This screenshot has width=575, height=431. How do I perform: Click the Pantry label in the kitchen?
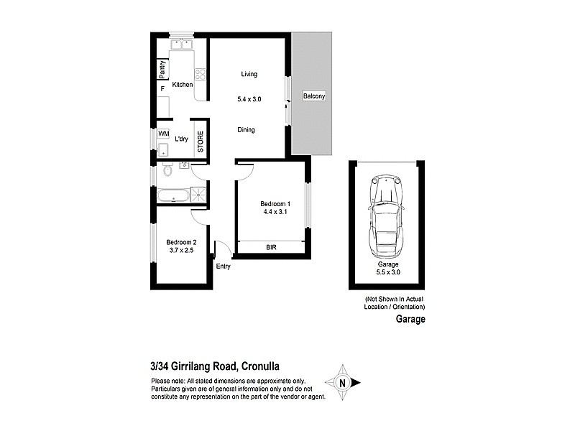pyautogui.click(x=162, y=70)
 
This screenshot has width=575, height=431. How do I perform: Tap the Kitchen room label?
pyautogui.click(x=183, y=85)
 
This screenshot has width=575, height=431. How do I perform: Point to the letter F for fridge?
pyautogui.click(x=162, y=88)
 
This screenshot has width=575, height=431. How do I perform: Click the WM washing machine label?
pyautogui.click(x=163, y=134)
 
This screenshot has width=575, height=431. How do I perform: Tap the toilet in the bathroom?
pyautogui.click(x=167, y=170)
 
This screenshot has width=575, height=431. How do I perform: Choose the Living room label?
pyautogui.click(x=249, y=74)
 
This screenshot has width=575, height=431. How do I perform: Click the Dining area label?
pyautogui.click(x=247, y=130)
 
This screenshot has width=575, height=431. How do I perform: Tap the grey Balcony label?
pyautogui.click(x=313, y=96)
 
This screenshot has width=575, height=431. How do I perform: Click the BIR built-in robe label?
pyautogui.click(x=271, y=247)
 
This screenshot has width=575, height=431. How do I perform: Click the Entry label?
pyautogui.click(x=224, y=267)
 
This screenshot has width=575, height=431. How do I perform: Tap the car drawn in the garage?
pyautogui.click(x=386, y=217)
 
